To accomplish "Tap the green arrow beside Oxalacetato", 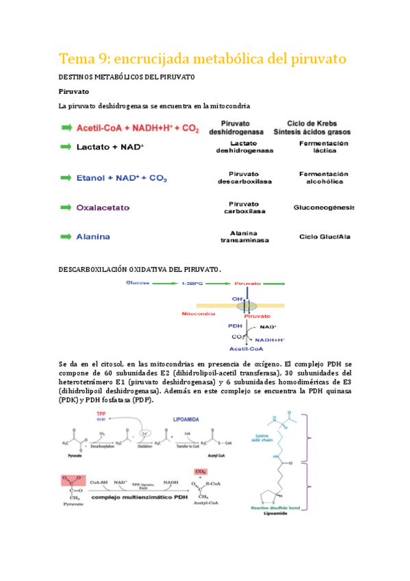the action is click(66, 207).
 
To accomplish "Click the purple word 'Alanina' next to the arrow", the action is click(93, 237).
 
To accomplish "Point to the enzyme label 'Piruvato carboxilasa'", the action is click(244, 207).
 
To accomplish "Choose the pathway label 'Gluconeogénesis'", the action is click(324, 207).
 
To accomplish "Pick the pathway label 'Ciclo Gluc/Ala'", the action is click(324, 237).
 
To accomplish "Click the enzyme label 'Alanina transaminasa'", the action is click(244, 237).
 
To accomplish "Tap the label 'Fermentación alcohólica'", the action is click(324, 178).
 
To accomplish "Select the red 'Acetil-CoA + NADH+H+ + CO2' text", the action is click(138, 128).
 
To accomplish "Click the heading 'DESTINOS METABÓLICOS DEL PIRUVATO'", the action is click(127, 77).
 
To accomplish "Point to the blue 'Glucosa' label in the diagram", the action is click(137, 282).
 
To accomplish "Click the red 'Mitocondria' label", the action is click(198, 313).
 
